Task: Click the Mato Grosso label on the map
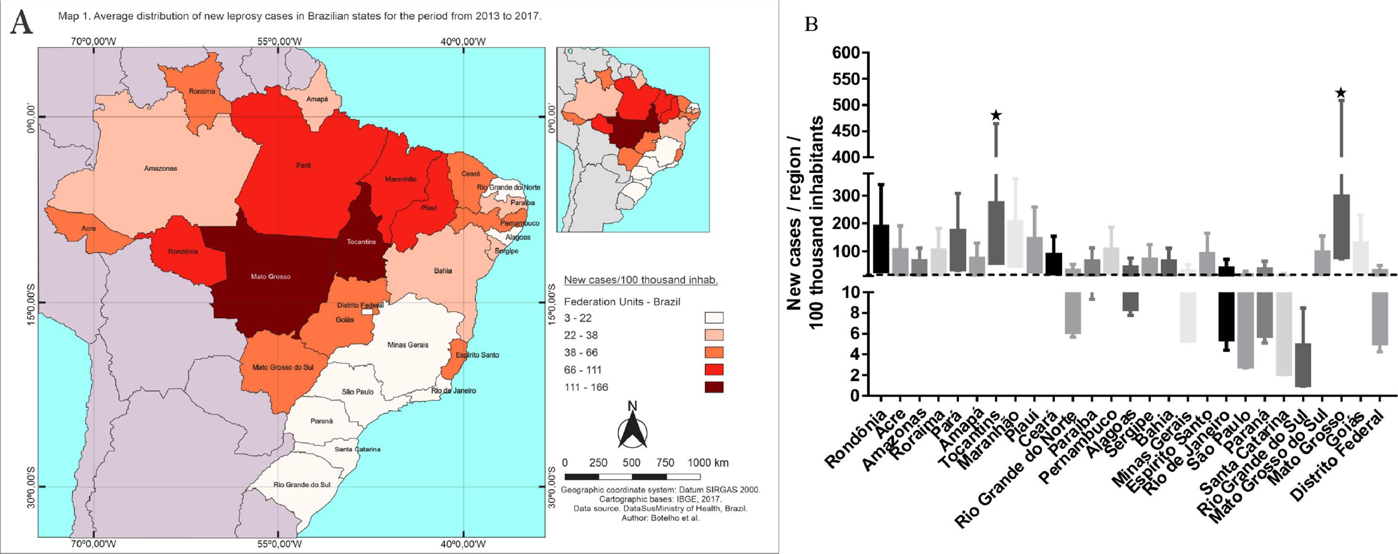(270, 276)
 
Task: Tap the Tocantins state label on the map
(361, 242)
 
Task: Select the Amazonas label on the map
(160, 168)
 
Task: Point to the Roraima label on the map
(202, 91)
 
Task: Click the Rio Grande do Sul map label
(302, 484)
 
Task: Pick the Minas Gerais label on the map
(407, 345)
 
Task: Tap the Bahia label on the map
(443, 271)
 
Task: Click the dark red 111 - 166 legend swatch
(714, 387)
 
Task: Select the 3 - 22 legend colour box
(714, 318)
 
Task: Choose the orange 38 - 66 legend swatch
(714, 353)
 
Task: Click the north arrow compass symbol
(632, 432)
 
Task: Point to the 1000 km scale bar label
(708, 463)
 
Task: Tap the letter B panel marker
(811, 24)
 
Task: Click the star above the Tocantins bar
(996, 115)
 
